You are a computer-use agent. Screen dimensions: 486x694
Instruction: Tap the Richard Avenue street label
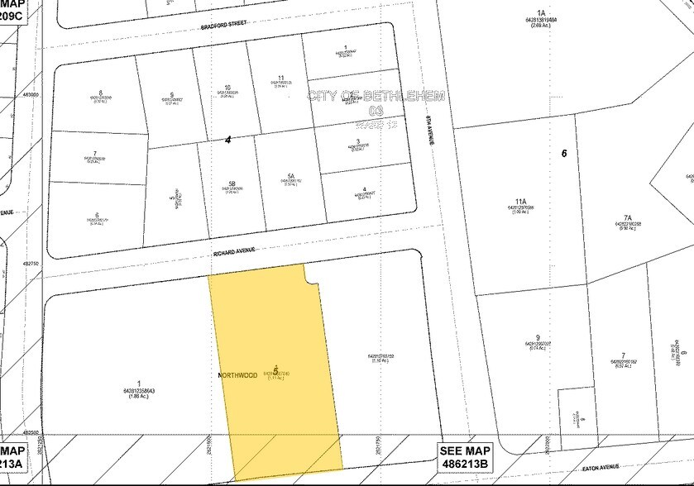[x=234, y=250]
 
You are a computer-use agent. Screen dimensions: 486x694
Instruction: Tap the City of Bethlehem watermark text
[x=376, y=96]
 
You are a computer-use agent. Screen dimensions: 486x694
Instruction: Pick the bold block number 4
[x=227, y=141]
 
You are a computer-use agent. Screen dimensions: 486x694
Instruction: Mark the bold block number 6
[x=563, y=153]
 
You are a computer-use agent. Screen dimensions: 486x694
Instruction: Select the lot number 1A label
[x=541, y=13]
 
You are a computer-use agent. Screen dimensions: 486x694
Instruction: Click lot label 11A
[x=519, y=201]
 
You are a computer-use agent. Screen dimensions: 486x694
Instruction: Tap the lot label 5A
[x=290, y=175]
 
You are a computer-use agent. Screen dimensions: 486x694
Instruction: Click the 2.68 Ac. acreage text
[x=541, y=26]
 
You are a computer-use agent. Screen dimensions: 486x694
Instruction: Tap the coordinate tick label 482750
[x=31, y=264]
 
